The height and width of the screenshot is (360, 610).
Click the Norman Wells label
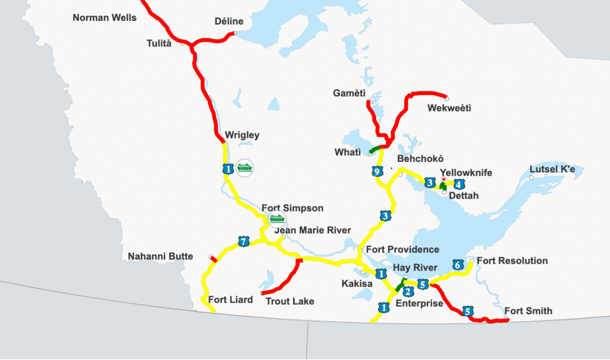tap(104, 18)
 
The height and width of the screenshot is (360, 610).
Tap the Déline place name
tap(229, 22)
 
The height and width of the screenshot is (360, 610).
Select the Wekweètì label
tap(449, 109)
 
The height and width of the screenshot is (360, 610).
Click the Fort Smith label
tap(528, 311)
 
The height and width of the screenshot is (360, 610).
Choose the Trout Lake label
tap(290, 301)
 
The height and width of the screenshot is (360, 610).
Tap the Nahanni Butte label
tap(160, 257)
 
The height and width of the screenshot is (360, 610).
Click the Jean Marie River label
tap(312, 230)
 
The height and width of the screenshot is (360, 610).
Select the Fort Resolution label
tap(512, 260)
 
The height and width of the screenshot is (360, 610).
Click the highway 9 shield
tap(377, 171)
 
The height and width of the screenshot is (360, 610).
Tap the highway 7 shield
tap(243, 241)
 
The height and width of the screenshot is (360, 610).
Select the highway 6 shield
tap(457, 264)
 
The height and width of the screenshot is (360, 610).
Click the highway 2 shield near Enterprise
tap(409, 291)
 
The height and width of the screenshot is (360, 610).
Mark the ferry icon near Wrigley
tap(245, 168)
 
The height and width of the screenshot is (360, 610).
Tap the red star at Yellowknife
tap(443, 179)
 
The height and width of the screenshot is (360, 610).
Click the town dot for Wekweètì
tap(447, 98)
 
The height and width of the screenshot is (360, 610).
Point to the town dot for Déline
tap(234, 34)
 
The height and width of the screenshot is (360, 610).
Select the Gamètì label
tap(349, 93)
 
